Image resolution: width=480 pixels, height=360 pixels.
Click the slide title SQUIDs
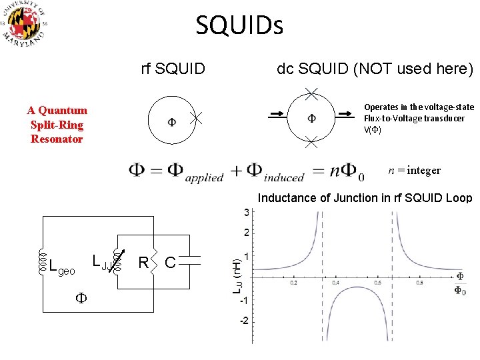tap(239, 26)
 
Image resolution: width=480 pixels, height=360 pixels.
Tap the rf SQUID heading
tap(173, 68)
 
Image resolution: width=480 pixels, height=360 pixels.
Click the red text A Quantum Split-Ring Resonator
tap(57, 125)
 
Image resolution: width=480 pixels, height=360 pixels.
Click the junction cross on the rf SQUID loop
tap(195, 119)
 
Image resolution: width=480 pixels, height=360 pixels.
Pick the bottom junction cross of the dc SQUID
tap(311, 141)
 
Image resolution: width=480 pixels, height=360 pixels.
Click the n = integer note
tap(414, 170)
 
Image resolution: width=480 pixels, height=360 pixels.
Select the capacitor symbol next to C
tap(191, 263)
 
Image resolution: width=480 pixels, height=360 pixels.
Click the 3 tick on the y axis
tap(246, 213)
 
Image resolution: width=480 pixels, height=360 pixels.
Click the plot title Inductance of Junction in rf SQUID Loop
tap(365, 198)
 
